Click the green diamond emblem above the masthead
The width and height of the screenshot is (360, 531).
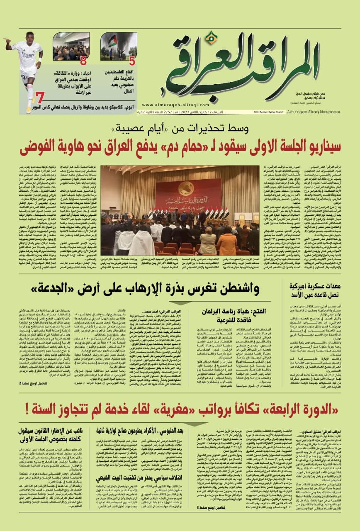click(x=212, y=38)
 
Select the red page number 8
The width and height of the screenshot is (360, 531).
click(x=84, y=61)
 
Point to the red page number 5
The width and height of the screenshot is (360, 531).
click(x=132, y=61)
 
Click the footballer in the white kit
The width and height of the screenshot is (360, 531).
click(x=25, y=66)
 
